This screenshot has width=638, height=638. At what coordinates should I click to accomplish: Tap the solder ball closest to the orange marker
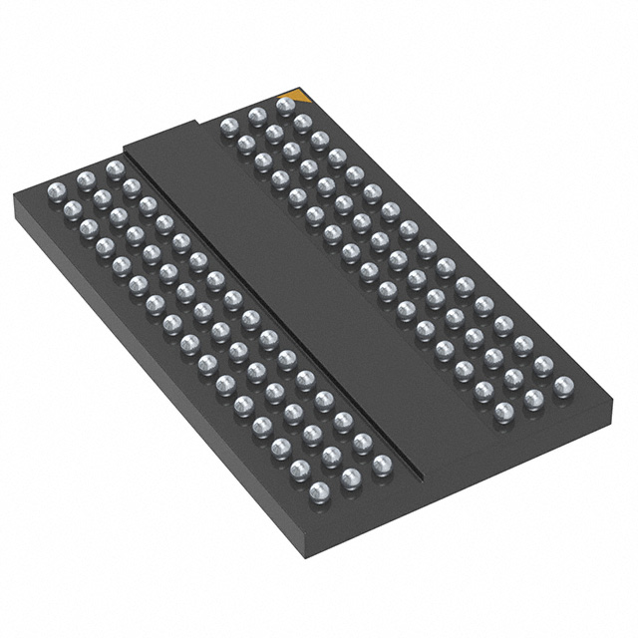click(285, 105)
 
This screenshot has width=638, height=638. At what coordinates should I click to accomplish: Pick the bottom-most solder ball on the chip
click(319, 490)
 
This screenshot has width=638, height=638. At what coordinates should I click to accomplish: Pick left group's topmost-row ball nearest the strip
click(115, 168)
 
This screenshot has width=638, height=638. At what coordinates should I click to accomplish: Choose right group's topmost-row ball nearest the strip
click(228, 126)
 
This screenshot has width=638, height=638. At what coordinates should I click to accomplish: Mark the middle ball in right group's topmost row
click(256, 116)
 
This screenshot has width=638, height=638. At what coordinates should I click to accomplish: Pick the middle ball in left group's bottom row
click(351, 478)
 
